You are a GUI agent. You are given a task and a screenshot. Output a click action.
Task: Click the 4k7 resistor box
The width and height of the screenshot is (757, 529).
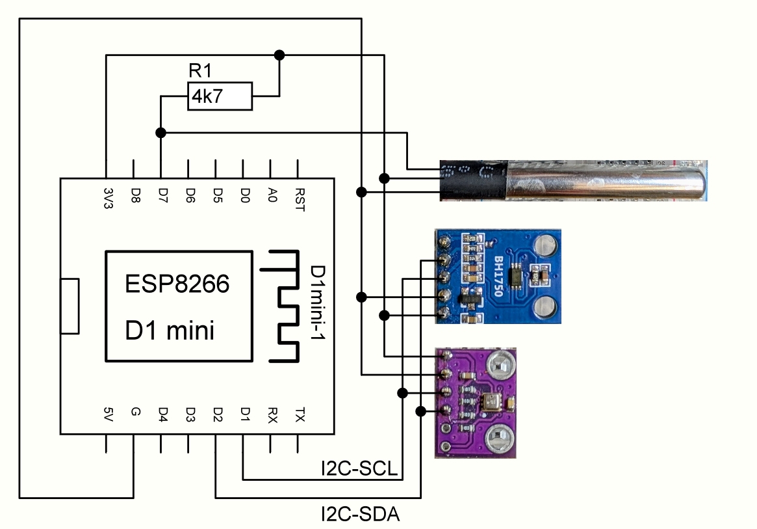(219, 96)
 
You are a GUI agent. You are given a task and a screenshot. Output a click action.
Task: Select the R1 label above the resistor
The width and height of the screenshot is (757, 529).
(199, 72)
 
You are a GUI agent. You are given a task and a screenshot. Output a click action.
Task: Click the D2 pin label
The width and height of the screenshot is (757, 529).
(217, 413)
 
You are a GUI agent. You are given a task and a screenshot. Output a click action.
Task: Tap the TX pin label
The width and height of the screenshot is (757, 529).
(299, 413)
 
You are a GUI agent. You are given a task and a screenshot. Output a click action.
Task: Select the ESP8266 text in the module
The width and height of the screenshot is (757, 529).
(177, 284)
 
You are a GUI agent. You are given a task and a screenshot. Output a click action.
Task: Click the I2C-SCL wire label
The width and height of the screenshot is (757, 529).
(359, 468)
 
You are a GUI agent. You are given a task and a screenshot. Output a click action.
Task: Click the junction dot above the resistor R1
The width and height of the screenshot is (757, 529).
(279, 54)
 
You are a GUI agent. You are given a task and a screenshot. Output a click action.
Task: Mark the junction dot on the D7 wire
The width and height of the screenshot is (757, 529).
(160, 133)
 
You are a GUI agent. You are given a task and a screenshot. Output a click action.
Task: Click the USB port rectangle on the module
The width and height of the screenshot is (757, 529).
(70, 306)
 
